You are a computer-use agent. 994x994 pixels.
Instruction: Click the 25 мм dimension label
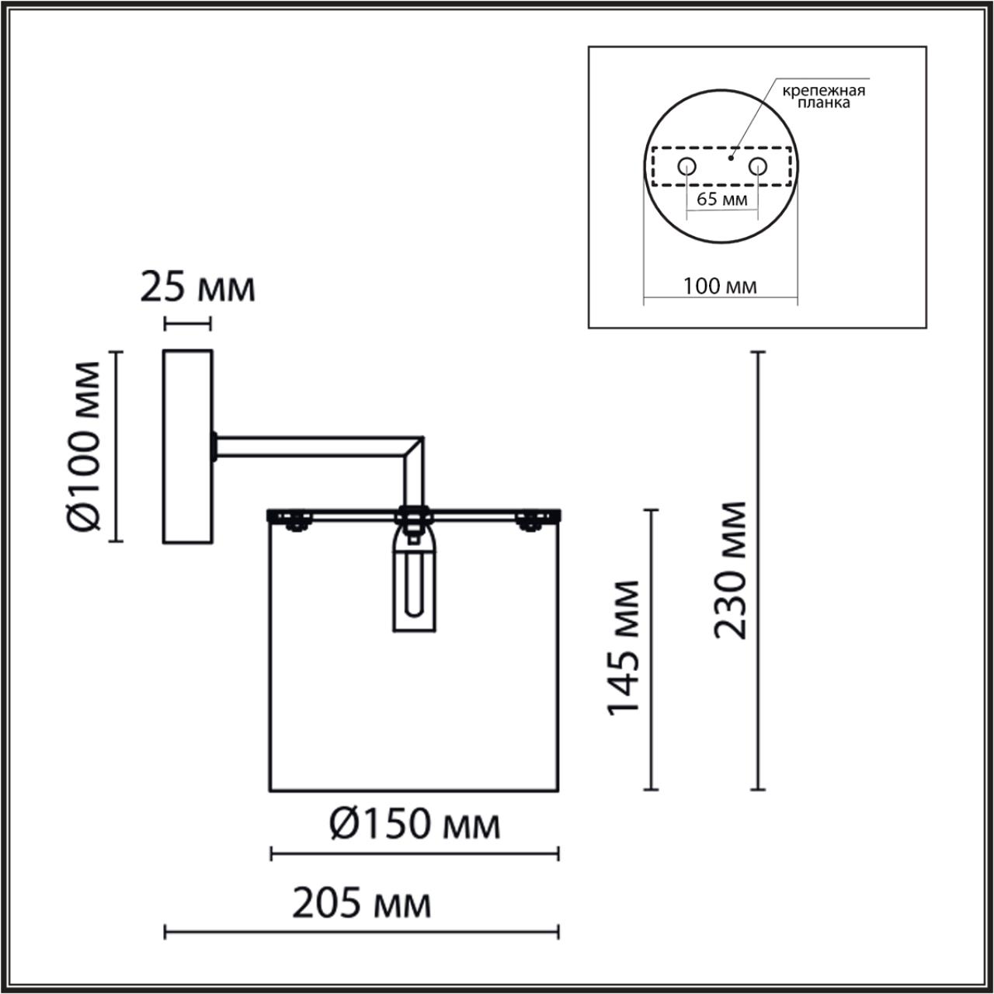pos(197,287)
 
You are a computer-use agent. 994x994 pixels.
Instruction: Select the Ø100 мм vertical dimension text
pos(83,446)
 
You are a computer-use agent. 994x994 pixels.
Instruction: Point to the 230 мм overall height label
pos(731,571)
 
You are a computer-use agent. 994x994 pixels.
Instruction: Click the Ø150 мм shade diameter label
pos(414,824)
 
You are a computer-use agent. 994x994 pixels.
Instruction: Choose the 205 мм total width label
pos(362,903)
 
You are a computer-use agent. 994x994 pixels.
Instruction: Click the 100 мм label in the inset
pos(720,286)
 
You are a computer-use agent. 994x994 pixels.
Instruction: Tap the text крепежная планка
pos(823,96)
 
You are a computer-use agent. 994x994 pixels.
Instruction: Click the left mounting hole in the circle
pos(686,166)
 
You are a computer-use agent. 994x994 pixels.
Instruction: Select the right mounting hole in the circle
pos(757,166)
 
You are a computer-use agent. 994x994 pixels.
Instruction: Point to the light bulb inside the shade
pos(414,582)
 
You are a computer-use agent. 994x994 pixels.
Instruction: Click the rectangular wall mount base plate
pos(187,446)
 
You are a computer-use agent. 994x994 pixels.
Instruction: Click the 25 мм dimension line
pos(187,322)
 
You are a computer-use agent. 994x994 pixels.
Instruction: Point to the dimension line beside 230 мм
pos(758,571)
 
